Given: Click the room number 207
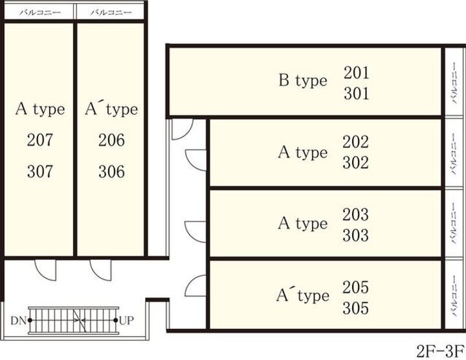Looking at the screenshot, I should click(x=40, y=140).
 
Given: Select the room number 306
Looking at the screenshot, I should click(x=111, y=172).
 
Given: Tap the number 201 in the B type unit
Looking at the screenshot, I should click(x=356, y=73).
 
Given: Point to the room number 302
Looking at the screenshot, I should click(x=355, y=163).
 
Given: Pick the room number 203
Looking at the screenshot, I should click(x=355, y=214).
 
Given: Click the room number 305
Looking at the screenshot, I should click(x=355, y=307).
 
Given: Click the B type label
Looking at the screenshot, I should click(x=303, y=81).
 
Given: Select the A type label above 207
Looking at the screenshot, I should click(x=40, y=109).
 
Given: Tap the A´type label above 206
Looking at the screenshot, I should click(x=111, y=109).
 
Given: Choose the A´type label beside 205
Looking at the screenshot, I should click(x=302, y=296).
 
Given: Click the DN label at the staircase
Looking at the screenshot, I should click(x=18, y=320).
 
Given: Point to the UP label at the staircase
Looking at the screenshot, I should click(x=127, y=320).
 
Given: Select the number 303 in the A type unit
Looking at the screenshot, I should click(x=355, y=234).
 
